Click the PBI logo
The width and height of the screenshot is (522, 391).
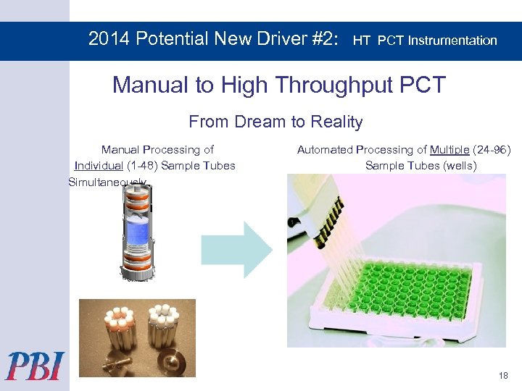tap(35, 366)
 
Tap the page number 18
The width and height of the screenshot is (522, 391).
tap(503, 375)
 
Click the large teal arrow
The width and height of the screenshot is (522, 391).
tap(236, 249)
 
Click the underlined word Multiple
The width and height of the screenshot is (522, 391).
tap(449, 150)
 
